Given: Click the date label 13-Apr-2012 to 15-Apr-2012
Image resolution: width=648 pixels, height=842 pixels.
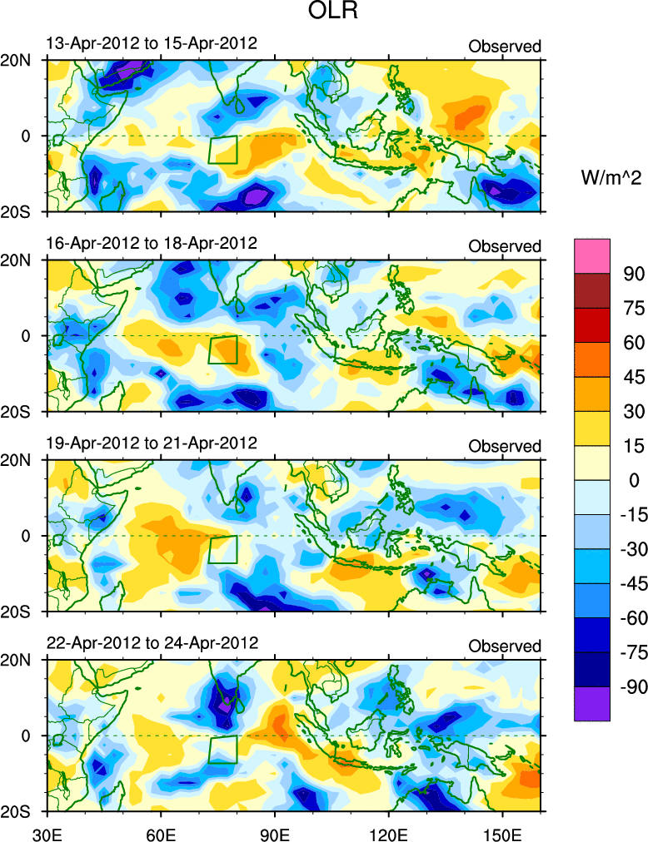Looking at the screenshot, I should point(151,43).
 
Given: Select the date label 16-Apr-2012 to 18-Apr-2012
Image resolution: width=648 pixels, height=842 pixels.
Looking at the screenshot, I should point(151,243).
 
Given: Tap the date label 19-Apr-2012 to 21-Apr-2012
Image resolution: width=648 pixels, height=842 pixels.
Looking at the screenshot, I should point(151,443).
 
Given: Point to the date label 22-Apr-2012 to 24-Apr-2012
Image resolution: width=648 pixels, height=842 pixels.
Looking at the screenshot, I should point(151,643).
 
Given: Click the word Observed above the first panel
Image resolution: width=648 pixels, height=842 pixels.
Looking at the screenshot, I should point(505,47).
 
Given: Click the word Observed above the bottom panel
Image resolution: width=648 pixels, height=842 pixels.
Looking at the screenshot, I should point(505,646).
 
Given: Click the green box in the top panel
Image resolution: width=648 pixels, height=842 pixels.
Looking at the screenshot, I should point(223,150).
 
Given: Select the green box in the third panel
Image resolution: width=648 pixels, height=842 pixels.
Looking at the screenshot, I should point(223,550).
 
